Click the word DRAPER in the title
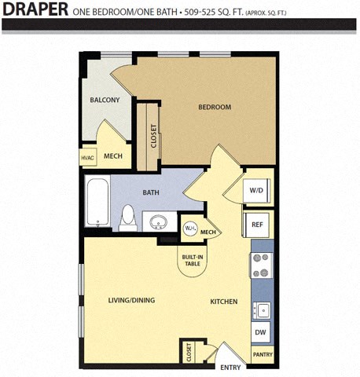[x=35, y=12]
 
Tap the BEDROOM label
[x=214, y=108]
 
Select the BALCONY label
[x=105, y=100]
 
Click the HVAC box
[x=87, y=158]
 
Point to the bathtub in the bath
[x=97, y=202]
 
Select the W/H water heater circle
[x=189, y=229]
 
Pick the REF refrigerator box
[x=256, y=225]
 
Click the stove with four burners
[x=261, y=265]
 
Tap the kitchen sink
[x=261, y=309]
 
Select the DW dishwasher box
[x=261, y=332]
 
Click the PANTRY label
[x=263, y=355]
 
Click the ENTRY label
[x=230, y=367]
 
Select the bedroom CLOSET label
[x=152, y=139]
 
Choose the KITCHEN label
[x=223, y=301]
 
